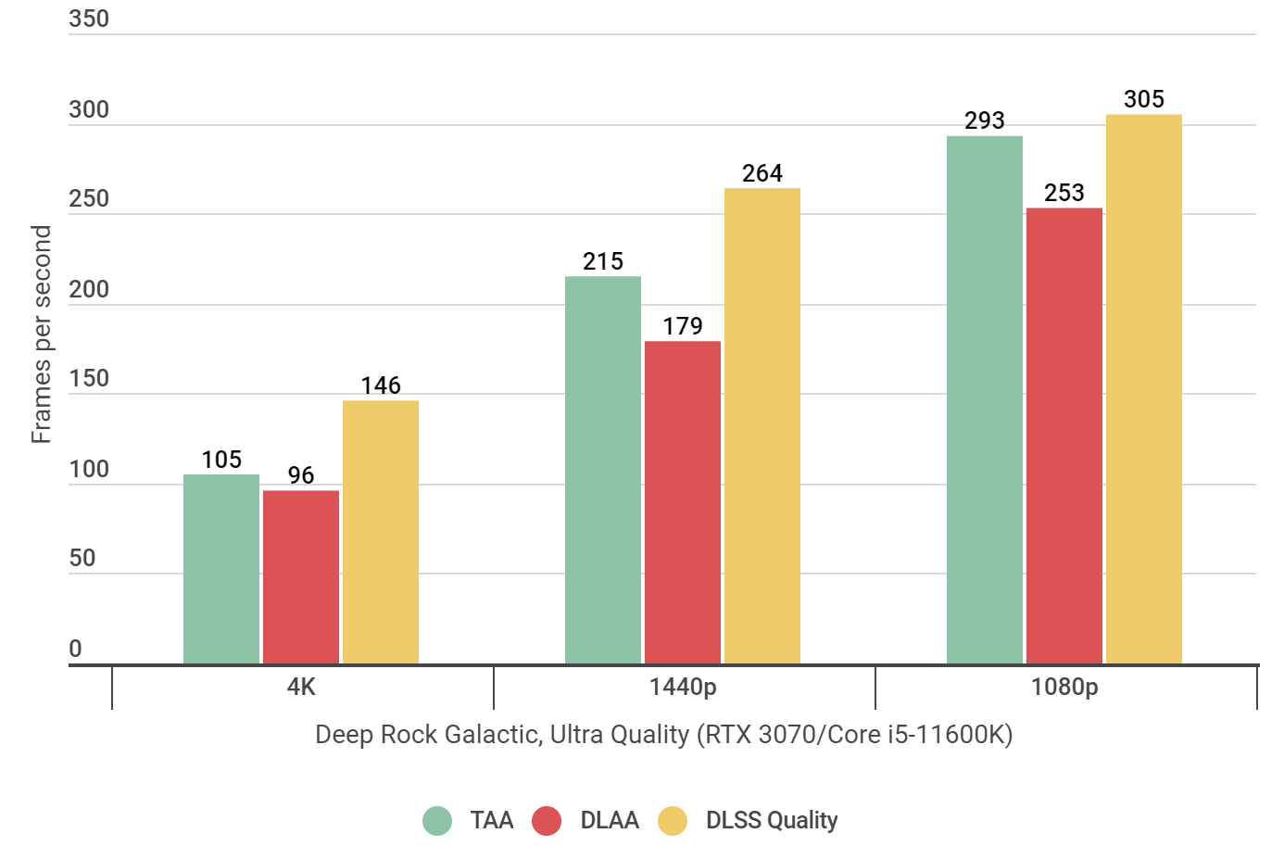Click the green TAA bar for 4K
click(221, 569)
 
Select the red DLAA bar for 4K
click(301, 576)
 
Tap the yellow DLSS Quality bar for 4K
click(381, 532)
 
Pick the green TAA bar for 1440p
click(603, 470)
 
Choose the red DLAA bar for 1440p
click(683, 502)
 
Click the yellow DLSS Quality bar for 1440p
click(762, 425)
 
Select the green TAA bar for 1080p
click(985, 399)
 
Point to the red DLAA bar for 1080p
click(1064, 436)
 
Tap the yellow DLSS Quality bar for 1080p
click(1144, 389)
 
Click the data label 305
click(1144, 99)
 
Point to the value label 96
click(301, 475)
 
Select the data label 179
click(683, 326)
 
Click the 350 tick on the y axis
click(89, 19)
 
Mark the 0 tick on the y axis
click(76, 649)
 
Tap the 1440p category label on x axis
click(683, 687)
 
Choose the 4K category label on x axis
click(301, 687)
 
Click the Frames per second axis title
click(41, 334)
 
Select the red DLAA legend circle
click(547, 821)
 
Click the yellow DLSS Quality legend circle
click(673, 821)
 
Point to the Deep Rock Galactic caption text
click(663, 735)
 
